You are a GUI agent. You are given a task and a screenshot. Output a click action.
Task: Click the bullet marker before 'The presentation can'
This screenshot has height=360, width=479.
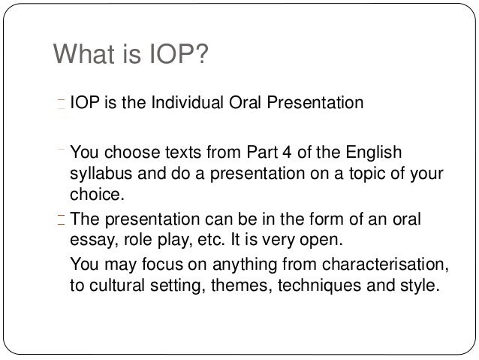[62, 219]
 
